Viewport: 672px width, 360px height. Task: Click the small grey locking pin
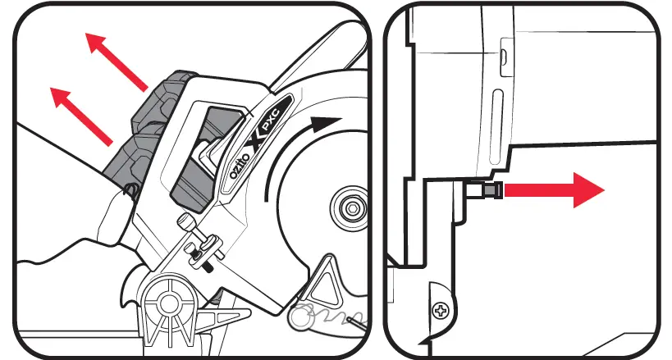click(x=488, y=191)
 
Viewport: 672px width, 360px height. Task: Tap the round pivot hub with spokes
click(x=171, y=303)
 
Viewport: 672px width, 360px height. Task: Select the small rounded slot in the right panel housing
click(x=504, y=57)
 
